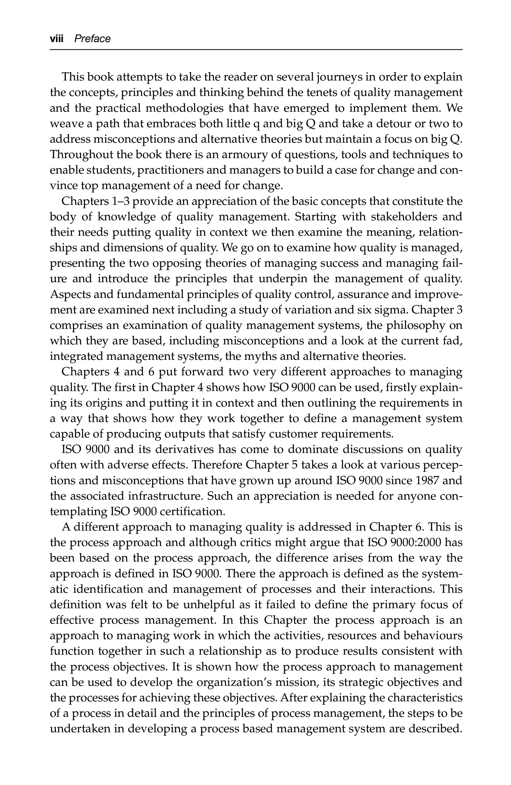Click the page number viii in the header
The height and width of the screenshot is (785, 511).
point(56,39)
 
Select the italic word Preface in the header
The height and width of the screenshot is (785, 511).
point(92,39)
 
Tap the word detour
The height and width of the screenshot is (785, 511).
point(384,124)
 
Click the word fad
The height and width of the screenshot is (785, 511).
point(454,341)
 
